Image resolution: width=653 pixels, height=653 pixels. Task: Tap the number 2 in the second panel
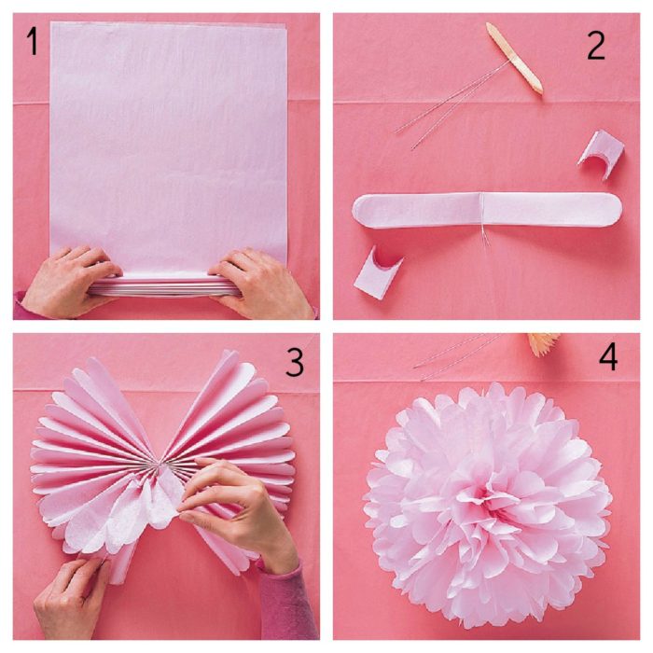pos(596,44)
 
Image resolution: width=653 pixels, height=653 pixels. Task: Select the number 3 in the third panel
pos(294,362)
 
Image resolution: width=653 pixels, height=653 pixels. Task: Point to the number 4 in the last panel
pos(607,358)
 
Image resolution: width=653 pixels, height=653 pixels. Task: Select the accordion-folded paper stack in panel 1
pos(163,285)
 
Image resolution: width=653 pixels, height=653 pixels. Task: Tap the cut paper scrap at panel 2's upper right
pos(597,153)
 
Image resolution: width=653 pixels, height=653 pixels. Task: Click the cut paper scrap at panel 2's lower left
pos(379,271)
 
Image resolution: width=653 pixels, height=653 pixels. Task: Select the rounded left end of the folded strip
pos(368,210)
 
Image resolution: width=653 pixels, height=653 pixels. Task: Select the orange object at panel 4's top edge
pos(542,344)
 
